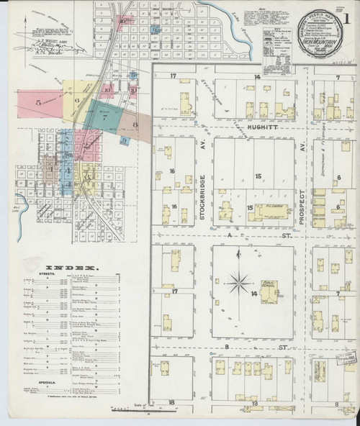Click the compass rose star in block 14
pos(239,282)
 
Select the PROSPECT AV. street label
pos(303,205)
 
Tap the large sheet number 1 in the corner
pos(348,12)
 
